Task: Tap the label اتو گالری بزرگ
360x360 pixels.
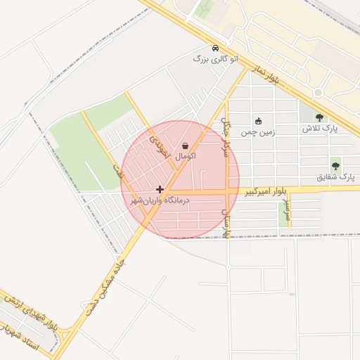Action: (x=216, y=59)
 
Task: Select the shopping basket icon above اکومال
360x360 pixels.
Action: (x=184, y=145)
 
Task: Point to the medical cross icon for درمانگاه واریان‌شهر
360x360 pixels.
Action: (x=160, y=189)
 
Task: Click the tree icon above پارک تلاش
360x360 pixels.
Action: (x=320, y=117)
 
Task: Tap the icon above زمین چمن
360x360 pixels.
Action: (x=258, y=121)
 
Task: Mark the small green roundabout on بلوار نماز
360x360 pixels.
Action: (x=318, y=93)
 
